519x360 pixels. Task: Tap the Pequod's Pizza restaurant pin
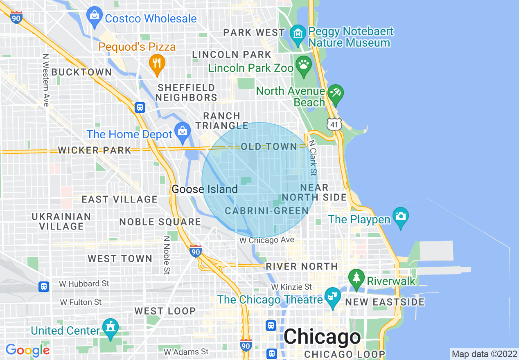pyautogui.click(x=157, y=63)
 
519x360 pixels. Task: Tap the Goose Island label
pyautogui.click(x=205, y=189)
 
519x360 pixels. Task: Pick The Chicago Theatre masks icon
pyautogui.click(x=332, y=297)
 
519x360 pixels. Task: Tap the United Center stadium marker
pyautogui.click(x=110, y=328)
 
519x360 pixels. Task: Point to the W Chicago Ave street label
pyautogui.click(x=266, y=241)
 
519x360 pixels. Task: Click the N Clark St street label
pyautogui.click(x=313, y=158)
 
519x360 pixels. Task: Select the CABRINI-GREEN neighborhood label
pyautogui.click(x=266, y=211)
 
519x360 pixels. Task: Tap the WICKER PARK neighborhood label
pyautogui.click(x=95, y=150)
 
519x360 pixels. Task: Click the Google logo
pyautogui.click(x=27, y=350)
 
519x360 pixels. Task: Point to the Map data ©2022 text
pyautogui.click(x=484, y=353)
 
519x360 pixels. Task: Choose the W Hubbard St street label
pyautogui.click(x=84, y=283)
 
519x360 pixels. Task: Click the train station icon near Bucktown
pyautogui.click(x=140, y=108)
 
